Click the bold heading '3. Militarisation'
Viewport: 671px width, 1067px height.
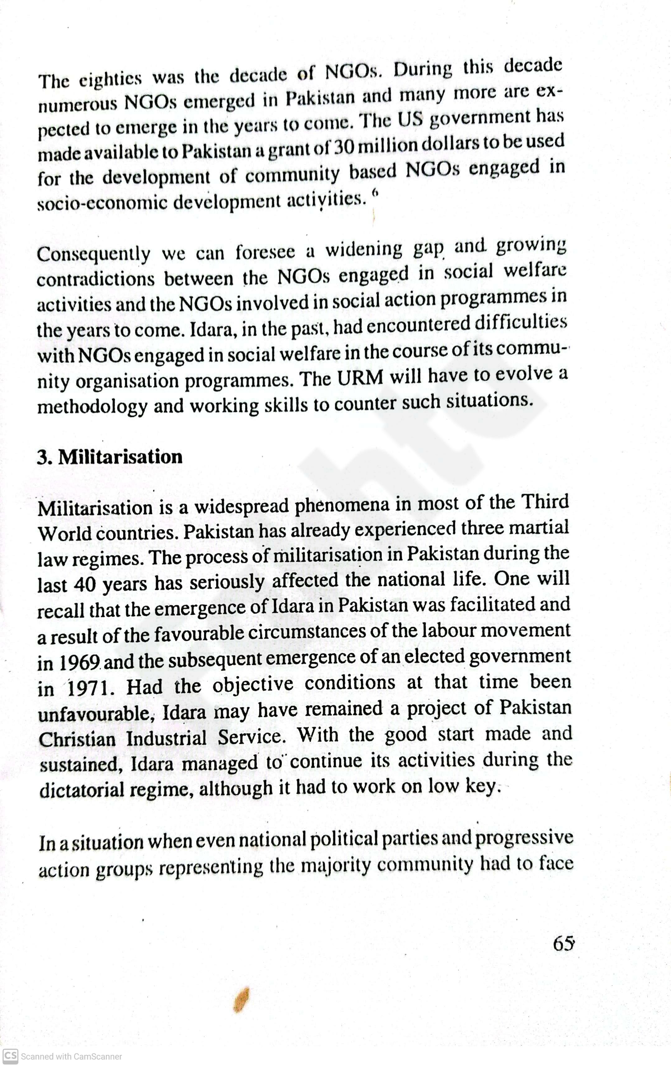110,457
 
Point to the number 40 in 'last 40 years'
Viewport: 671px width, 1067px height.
84,585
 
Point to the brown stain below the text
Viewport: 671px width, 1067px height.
241,1000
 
